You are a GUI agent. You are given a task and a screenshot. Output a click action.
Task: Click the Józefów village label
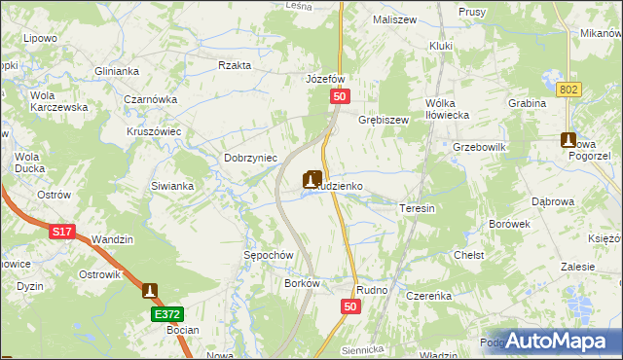[x=326, y=79]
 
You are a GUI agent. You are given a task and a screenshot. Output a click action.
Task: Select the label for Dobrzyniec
[x=251, y=158]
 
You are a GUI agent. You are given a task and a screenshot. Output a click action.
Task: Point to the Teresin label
[x=416, y=208]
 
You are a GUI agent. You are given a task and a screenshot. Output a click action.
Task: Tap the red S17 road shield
[x=62, y=232]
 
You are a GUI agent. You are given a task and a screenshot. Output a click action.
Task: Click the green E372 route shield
[x=166, y=314]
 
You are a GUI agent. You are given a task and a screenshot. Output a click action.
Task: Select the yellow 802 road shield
[x=570, y=89]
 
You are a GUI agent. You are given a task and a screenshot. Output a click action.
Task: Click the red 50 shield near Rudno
[x=352, y=306]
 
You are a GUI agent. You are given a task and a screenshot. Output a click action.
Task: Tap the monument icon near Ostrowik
[x=149, y=290]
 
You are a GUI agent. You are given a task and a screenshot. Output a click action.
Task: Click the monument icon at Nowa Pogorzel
[x=569, y=141]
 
